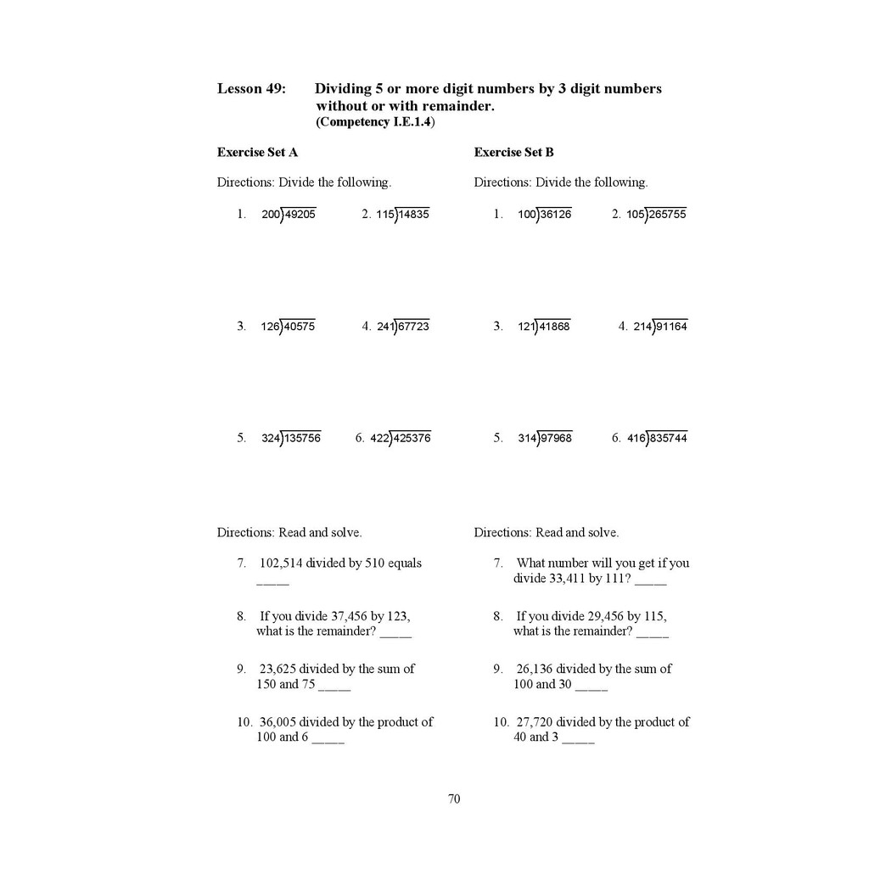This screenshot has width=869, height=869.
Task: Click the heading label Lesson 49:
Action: [251, 88]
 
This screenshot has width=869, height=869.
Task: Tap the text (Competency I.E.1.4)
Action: [375, 122]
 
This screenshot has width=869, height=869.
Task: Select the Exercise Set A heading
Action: [257, 153]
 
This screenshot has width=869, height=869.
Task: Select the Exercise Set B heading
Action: [513, 153]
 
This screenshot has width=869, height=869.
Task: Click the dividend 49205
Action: [300, 215]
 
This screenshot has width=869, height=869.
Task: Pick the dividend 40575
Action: [300, 327]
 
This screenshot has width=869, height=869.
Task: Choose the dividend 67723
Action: [413, 327]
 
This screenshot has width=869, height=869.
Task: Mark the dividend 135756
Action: [303, 439]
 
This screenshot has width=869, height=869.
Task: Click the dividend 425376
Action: [412, 439]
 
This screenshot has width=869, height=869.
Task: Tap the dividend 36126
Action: [556, 215]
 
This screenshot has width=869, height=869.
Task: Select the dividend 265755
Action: [668, 215]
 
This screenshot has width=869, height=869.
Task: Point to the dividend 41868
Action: [555, 327]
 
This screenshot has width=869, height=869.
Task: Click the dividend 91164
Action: [671, 327]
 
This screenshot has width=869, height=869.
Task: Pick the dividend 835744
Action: [670, 439]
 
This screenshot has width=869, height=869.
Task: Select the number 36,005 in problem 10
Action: [278, 722]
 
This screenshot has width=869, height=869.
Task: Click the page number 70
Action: [454, 799]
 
